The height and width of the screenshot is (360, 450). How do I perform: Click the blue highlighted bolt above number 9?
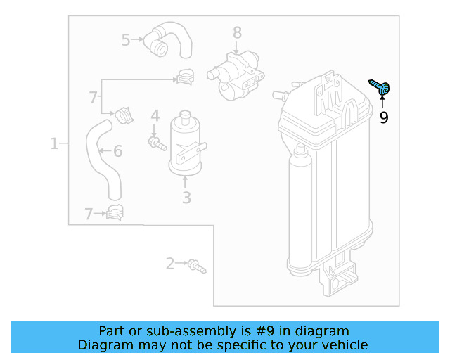point(382,88)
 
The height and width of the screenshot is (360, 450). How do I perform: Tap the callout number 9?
point(384,118)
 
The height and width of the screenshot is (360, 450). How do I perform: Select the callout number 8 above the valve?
point(237,32)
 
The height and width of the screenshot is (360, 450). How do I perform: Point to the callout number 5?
point(126,40)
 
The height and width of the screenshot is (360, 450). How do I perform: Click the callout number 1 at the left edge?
point(54,144)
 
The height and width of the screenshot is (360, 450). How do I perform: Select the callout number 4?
point(155,115)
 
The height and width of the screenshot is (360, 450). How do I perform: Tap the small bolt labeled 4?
point(155,143)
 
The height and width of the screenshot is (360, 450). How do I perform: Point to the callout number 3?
point(186,198)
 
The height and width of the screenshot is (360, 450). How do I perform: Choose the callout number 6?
point(117,151)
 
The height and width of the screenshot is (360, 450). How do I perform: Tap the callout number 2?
point(170,264)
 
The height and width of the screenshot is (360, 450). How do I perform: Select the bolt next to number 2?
point(196,266)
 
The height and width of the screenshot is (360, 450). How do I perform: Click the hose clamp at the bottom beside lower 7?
point(114,212)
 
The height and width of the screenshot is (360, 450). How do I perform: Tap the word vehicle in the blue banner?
point(342,345)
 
